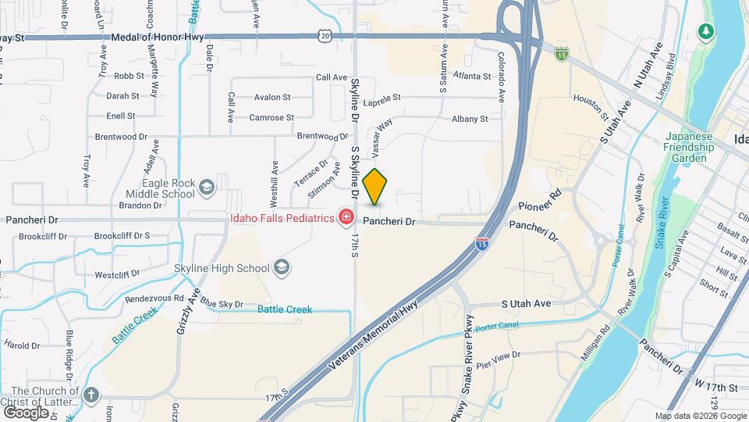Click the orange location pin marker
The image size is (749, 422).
click(x=375, y=187)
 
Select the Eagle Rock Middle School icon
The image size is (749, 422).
click(x=207, y=187)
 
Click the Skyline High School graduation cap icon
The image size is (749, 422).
click(x=280, y=268)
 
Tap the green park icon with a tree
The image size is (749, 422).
click(x=707, y=30)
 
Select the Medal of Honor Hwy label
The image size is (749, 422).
click(x=157, y=37)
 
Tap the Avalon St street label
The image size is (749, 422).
click(x=272, y=98)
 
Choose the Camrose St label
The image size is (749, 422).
click(x=271, y=117)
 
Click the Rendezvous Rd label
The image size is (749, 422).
click(x=154, y=298)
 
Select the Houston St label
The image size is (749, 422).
click(x=591, y=107)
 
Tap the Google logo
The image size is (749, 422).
click(x=26, y=412)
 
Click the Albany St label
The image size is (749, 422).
click(x=470, y=119)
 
